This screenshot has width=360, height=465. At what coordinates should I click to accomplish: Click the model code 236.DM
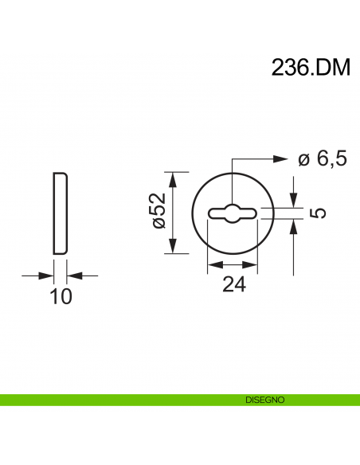(x=311, y=68)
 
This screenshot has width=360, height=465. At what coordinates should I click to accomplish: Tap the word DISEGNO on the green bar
(x=264, y=400)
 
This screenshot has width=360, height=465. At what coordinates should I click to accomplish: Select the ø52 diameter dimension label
(x=159, y=211)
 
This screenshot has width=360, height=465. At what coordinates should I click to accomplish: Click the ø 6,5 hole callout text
(x=323, y=158)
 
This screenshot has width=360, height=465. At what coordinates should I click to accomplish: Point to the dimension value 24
(x=234, y=284)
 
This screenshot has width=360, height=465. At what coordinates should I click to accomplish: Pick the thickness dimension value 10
(x=61, y=296)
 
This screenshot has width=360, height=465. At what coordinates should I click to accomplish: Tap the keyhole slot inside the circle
(x=233, y=213)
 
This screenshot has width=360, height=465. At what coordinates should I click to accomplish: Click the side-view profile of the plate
(x=61, y=213)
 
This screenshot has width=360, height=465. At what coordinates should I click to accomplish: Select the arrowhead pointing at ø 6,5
(x=280, y=159)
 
